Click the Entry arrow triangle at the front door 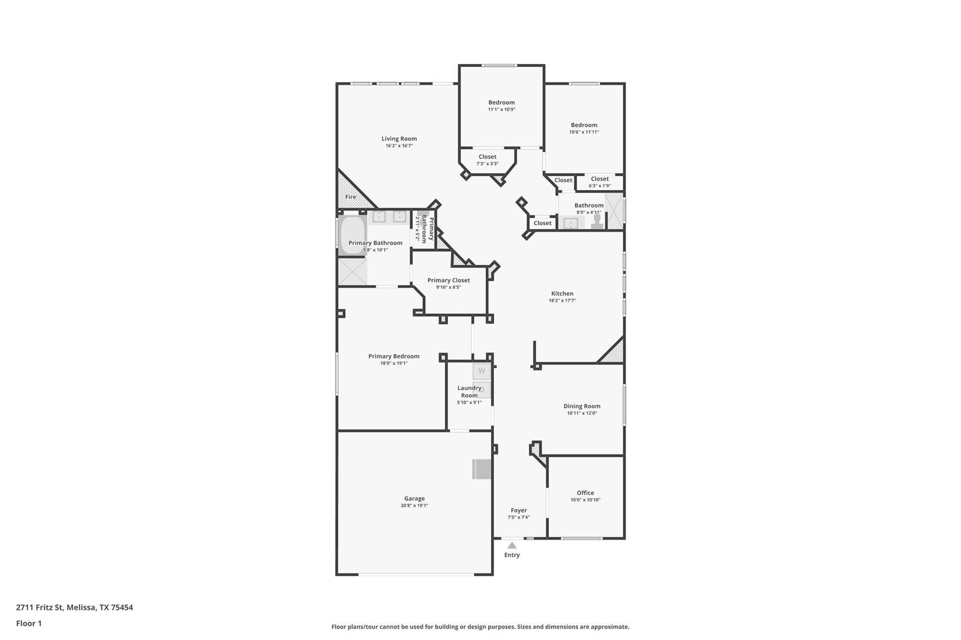tap(512, 545)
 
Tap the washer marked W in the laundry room tap(481, 371)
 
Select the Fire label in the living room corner tap(351, 197)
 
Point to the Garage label tap(414, 498)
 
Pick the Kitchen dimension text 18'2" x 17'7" tap(562, 301)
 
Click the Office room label tap(585, 493)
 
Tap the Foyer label tap(519, 510)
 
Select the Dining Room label tap(582, 406)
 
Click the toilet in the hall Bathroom tap(597, 221)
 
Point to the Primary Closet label tap(449, 280)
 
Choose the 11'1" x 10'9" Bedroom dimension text tap(502, 109)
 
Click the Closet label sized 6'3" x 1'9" tap(600, 179)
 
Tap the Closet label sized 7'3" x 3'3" tap(488, 157)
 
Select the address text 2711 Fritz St tap(39, 607)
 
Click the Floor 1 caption tap(29, 623)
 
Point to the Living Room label tap(399, 139)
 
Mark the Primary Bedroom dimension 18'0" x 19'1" tap(394, 363)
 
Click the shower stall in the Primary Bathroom tap(352, 271)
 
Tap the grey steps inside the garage tap(481, 469)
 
